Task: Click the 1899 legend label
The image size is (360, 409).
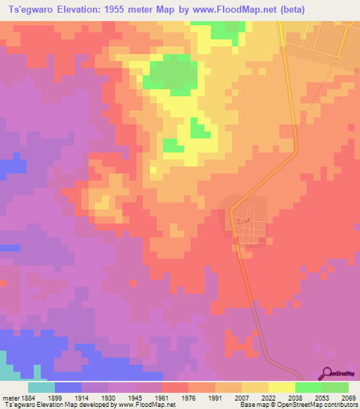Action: [65, 398]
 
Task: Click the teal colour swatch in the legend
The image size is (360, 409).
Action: [41, 387]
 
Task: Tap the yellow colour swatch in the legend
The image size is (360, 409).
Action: [281, 387]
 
